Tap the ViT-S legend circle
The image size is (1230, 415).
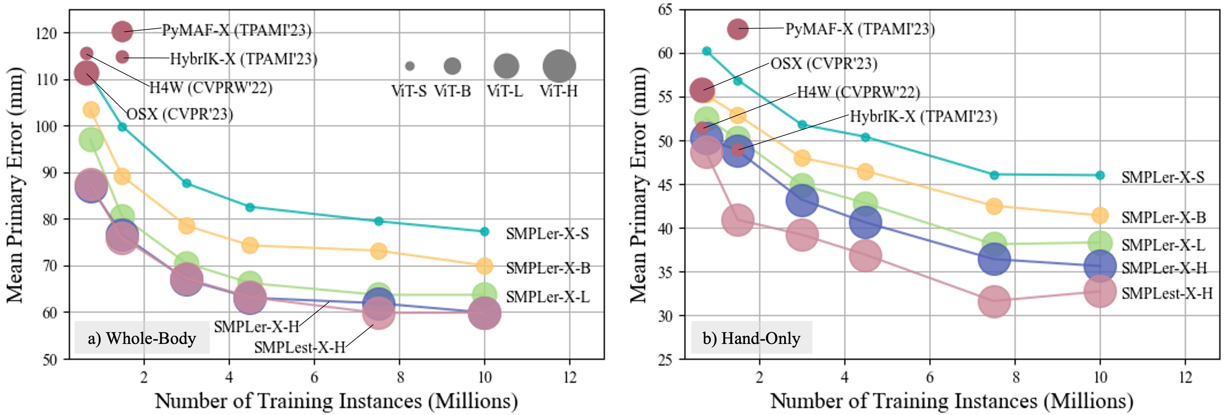pyautogui.click(x=410, y=66)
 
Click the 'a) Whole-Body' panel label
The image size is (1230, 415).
pyautogui.click(x=142, y=338)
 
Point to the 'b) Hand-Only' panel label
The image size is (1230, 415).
pyautogui.click(x=751, y=338)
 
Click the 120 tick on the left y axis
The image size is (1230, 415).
pyautogui.click(x=46, y=33)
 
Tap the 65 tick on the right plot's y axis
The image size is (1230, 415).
pyautogui.click(x=665, y=9)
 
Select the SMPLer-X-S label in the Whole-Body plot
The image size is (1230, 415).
pyautogui.click(x=547, y=233)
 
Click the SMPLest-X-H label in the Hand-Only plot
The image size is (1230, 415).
pyautogui.click(x=1167, y=293)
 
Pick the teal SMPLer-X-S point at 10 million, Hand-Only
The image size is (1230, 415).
pyautogui.click(x=1100, y=175)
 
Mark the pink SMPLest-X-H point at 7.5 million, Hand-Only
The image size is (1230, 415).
pyautogui.click(x=994, y=301)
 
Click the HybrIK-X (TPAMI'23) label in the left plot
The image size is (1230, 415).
pyautogui.click(x=244, y=59)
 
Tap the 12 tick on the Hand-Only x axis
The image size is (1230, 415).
pyautogui.click(x=1186, y=377)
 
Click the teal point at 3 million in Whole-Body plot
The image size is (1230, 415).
pyautogui.click(x=187, y=183)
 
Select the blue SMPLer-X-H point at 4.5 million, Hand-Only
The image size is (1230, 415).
pyautogui.click(x=865, y=223)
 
